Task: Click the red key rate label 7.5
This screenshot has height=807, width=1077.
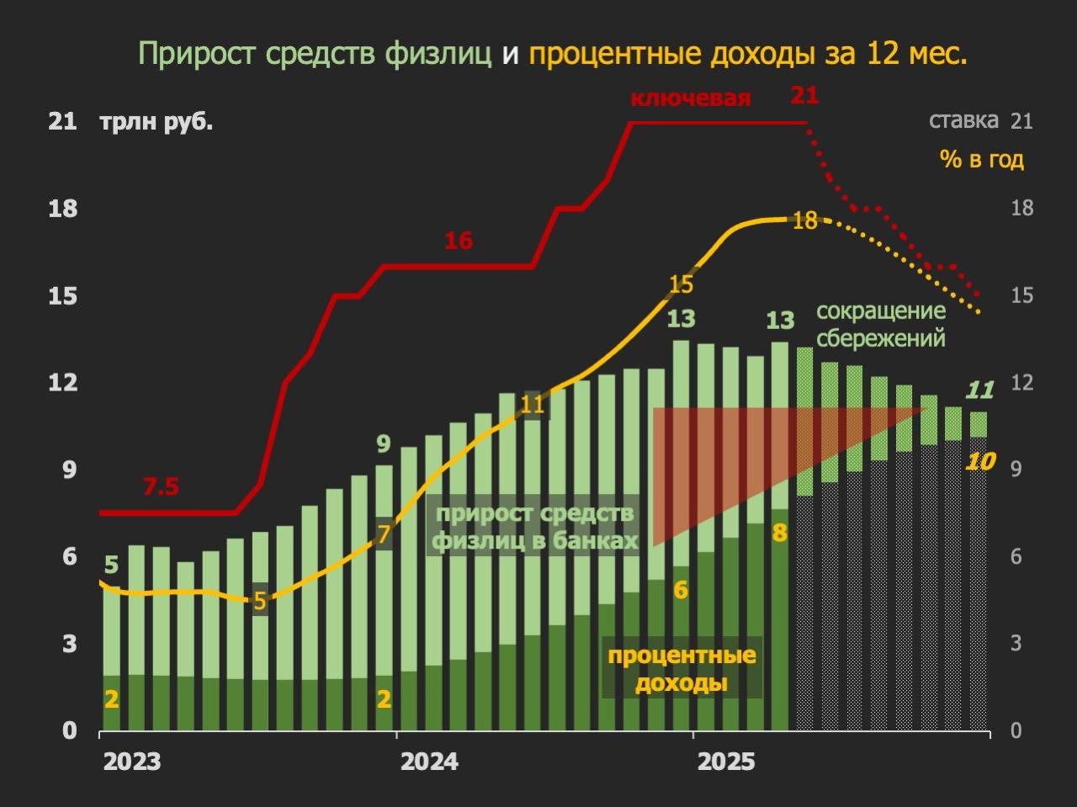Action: coord(161,487)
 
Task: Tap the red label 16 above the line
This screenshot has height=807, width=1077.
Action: coord(459,242)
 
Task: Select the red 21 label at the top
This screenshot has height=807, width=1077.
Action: coord(804,95)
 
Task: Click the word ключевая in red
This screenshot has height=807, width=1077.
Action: coord(690,98)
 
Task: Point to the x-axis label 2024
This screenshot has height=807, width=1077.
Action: coord(429,762)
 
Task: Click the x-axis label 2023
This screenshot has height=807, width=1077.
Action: coord(132,762)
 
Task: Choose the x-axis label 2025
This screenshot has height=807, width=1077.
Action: coord(727,762)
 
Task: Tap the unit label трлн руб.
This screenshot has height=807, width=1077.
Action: coord(157,122)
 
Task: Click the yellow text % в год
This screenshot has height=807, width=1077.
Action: coord(982,159)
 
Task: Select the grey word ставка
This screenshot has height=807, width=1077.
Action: coord(963,120)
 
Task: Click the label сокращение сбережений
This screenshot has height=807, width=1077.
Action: coord(881,325)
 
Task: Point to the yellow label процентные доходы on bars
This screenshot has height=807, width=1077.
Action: coord(682,669)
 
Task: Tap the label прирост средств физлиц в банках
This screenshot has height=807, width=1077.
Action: coord(535,527)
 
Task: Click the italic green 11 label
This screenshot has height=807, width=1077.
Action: coord(979,390)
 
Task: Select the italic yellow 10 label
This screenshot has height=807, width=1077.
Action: coord(980,461)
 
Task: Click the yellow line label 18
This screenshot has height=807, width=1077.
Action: coord(805,221)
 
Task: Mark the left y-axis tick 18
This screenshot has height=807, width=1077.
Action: coord(63,209)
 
